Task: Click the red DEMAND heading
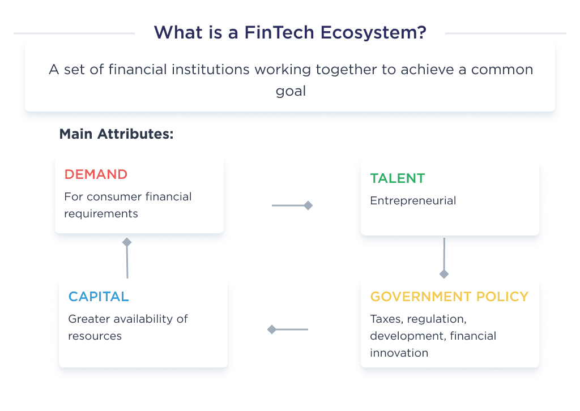click(x=96, y=174)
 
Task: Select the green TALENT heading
click(x=397, y=178)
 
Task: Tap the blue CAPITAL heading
click(x=99, y=297)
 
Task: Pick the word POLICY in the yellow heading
click(x=501, y=297)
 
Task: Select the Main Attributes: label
click(x=116, y=134)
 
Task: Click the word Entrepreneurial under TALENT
click(x=413, y=200)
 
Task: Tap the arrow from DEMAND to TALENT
click(x=292, y=205)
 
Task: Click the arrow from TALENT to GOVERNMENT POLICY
click(x=444, y=258)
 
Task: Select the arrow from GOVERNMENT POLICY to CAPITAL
click(x=288, y=329)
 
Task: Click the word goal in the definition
click(x=291, y=91)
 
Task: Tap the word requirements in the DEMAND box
click(x=101, y=213)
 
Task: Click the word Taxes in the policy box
click(x=386, y=319)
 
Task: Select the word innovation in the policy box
click(x=399, y=353)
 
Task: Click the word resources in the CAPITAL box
click(x=95, y=336)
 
